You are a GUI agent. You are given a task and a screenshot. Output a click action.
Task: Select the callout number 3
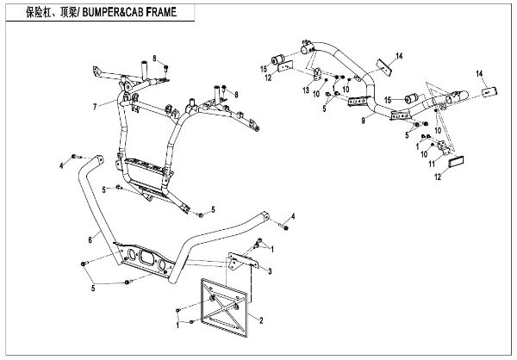[270, 271]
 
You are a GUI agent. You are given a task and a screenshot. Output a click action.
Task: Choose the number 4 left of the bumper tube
[61, 164]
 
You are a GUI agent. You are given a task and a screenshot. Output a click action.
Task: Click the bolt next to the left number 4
[73, 158]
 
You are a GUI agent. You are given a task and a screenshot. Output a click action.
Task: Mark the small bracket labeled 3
[245, 258]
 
